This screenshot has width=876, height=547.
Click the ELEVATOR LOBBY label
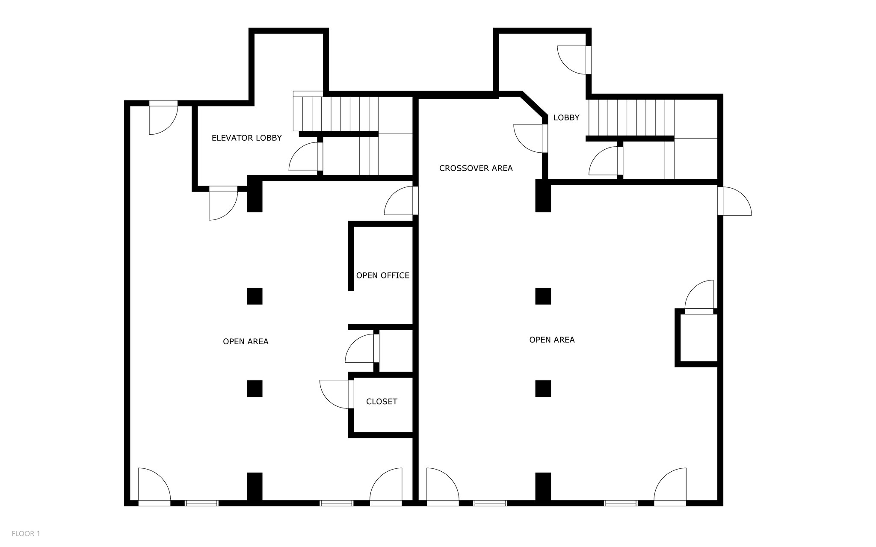click(x=246, y=138)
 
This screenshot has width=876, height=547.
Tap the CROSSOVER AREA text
click(x=476, y=168)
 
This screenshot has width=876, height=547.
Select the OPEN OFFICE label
click(x=382, y=275)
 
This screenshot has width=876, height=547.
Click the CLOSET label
click(x=382, y=402)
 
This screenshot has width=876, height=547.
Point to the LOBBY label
click(x=566, y=118)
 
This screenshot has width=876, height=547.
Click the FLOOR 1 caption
click(x=26, y=533)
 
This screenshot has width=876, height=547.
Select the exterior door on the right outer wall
click(x=735, y=201)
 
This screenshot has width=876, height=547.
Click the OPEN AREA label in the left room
click(x=246, y=341)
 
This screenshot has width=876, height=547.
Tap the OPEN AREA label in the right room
click(x=552, y=340)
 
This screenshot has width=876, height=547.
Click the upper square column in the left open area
click(x=255, y=296)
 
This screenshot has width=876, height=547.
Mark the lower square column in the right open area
click(x=543, y=388)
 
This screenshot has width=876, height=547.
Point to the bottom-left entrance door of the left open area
click(x=154, y=485)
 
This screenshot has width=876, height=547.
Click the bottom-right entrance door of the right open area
click(x=670, y=485)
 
